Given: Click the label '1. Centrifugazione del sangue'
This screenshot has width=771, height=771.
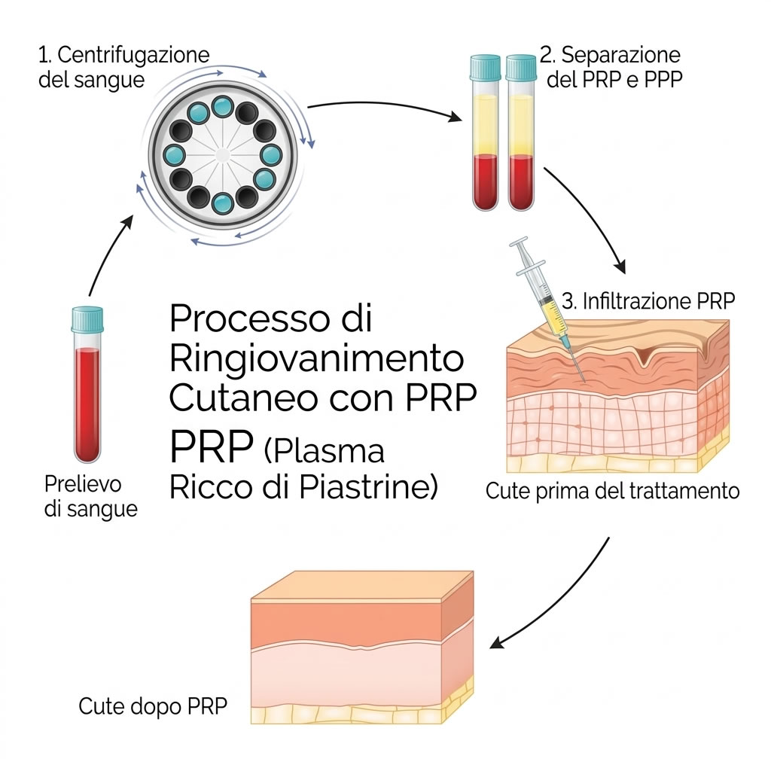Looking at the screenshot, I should (x=123, y=67).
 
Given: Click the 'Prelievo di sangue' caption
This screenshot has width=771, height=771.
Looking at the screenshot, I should (x=90, y=495).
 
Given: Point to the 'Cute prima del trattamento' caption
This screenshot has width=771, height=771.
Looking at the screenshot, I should (x=612, y=492).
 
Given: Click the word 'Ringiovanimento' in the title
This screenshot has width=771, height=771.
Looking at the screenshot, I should (x=315, y=358).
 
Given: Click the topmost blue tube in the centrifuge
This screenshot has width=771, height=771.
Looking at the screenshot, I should (x=222, y=106).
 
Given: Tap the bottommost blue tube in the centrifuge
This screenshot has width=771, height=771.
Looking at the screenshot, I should (x=223, y=203).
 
